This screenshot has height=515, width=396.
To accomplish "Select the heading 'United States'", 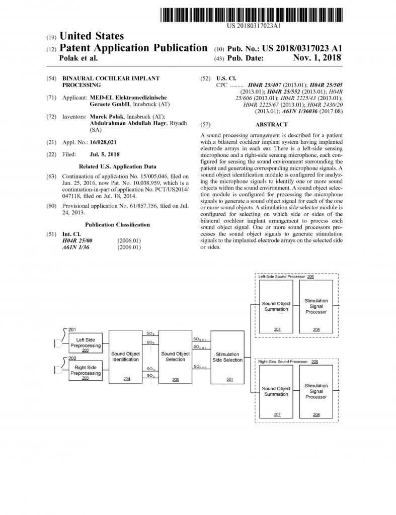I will click(x=91, y=36).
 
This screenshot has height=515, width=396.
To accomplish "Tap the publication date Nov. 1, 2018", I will click(x=316, y=58).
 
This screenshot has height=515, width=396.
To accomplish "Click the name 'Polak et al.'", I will click(x=78, y=58).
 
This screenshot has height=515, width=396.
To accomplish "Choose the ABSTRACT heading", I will click(x=271, y=124).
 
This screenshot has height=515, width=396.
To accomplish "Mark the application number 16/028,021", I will click(x=104, y=143).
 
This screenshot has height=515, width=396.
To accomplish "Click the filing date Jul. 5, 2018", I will click(x=105, y=154).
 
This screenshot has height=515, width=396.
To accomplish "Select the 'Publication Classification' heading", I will click(x=117, y=225).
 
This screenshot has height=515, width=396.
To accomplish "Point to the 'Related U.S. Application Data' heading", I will click(x=118, y=166).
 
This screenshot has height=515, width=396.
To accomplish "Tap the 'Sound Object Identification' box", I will click(x=125, y=357).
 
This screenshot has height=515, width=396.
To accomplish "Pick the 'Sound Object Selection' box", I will click(x=175, y=357).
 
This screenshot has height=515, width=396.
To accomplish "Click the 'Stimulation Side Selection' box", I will click(x=227, y=357).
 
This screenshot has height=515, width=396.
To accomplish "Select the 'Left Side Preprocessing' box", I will click(x=86, y=344).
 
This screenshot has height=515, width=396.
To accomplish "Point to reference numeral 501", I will click(x=229, y=379).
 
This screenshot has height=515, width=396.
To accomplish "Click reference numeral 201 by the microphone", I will click(x=72, y=329).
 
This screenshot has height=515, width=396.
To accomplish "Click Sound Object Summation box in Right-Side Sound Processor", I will click(x=276, y=392).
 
